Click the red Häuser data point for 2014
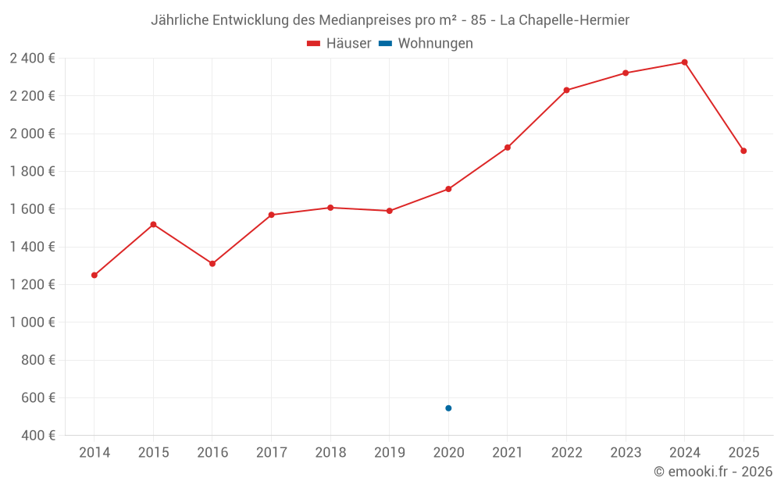coord(95,275)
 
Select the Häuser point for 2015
coord(153,224)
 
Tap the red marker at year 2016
coord(212,263)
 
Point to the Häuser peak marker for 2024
coord(685,62)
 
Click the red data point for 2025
coord(744,151)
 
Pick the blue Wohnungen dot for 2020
coord(448,408)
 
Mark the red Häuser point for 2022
coord(566,90)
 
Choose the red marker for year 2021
coord(508,148)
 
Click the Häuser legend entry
coord(339,44)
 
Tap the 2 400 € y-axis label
coord(33,58)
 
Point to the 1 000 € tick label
coord(33,322)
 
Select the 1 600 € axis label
coord(33,209)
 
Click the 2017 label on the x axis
coord(271,453)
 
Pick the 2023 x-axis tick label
coord(626,453)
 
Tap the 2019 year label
coord(389,453)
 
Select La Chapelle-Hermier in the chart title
coord(564,20)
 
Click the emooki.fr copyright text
coord(713,472)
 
